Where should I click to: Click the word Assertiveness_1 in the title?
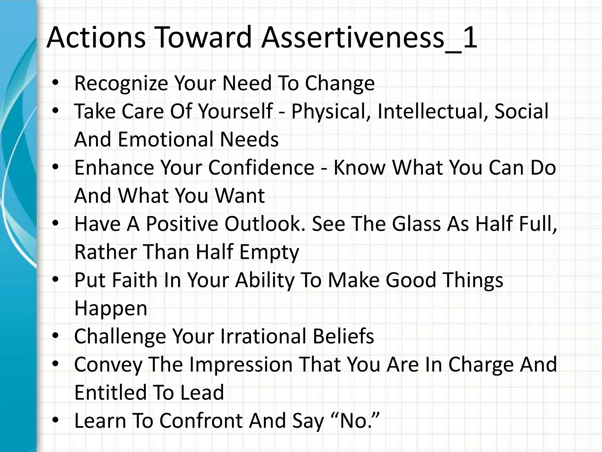pyautogui.click(x=369, y=38)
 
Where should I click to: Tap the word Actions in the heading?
pyautogui.click(x=96, y=38)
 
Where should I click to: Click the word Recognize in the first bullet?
pyautogui.click(x=121, y=84)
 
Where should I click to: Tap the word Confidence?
pyautogui.click(x=261, y=167)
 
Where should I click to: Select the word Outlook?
pyautogui.click(x=265, y=224)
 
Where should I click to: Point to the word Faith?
pyautogui.click(x=135, y=280)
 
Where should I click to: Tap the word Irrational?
pyautogui.click(x=263, y=336)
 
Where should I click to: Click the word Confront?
pyautogui.click(x=201, y=421)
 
